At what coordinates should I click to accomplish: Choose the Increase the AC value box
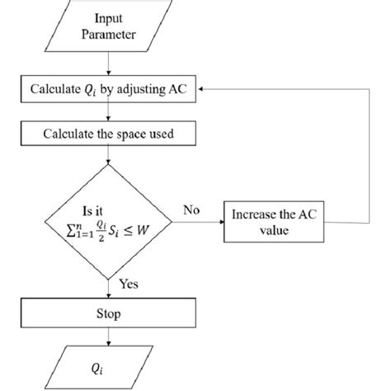(285, 223)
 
